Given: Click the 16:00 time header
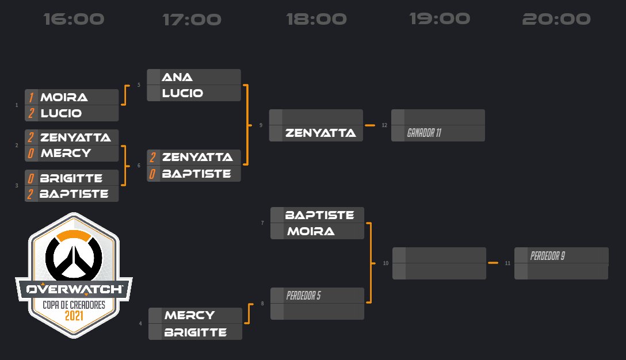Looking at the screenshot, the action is coord(74,19).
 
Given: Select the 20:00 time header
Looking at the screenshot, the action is coord(556,19).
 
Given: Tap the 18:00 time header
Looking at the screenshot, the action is coord(316,19).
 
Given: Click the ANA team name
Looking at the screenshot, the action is coord(177,77).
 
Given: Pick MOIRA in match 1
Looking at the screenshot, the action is coord(64,97).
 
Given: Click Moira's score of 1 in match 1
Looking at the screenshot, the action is coord(31,97).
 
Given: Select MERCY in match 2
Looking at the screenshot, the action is coord(66,153).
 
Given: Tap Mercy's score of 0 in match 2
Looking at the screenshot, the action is coord(30,154).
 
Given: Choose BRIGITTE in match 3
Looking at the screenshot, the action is coord(71,178).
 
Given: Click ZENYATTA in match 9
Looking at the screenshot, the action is coord(320,133).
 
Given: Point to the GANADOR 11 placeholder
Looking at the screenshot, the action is coord(424,133).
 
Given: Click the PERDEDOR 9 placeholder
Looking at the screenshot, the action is coord(547,256).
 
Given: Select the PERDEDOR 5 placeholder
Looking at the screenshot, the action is coord(303,296).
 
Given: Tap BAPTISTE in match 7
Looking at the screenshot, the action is coord(319,215).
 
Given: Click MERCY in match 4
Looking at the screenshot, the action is coord(190,315).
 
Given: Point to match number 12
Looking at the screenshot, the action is coord(384,125).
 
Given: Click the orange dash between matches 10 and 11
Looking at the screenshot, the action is coord(493,263).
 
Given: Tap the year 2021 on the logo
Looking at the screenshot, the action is coord(74,316).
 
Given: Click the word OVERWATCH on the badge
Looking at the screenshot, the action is coord(74,289).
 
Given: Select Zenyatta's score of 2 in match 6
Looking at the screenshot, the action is coord(152,158).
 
